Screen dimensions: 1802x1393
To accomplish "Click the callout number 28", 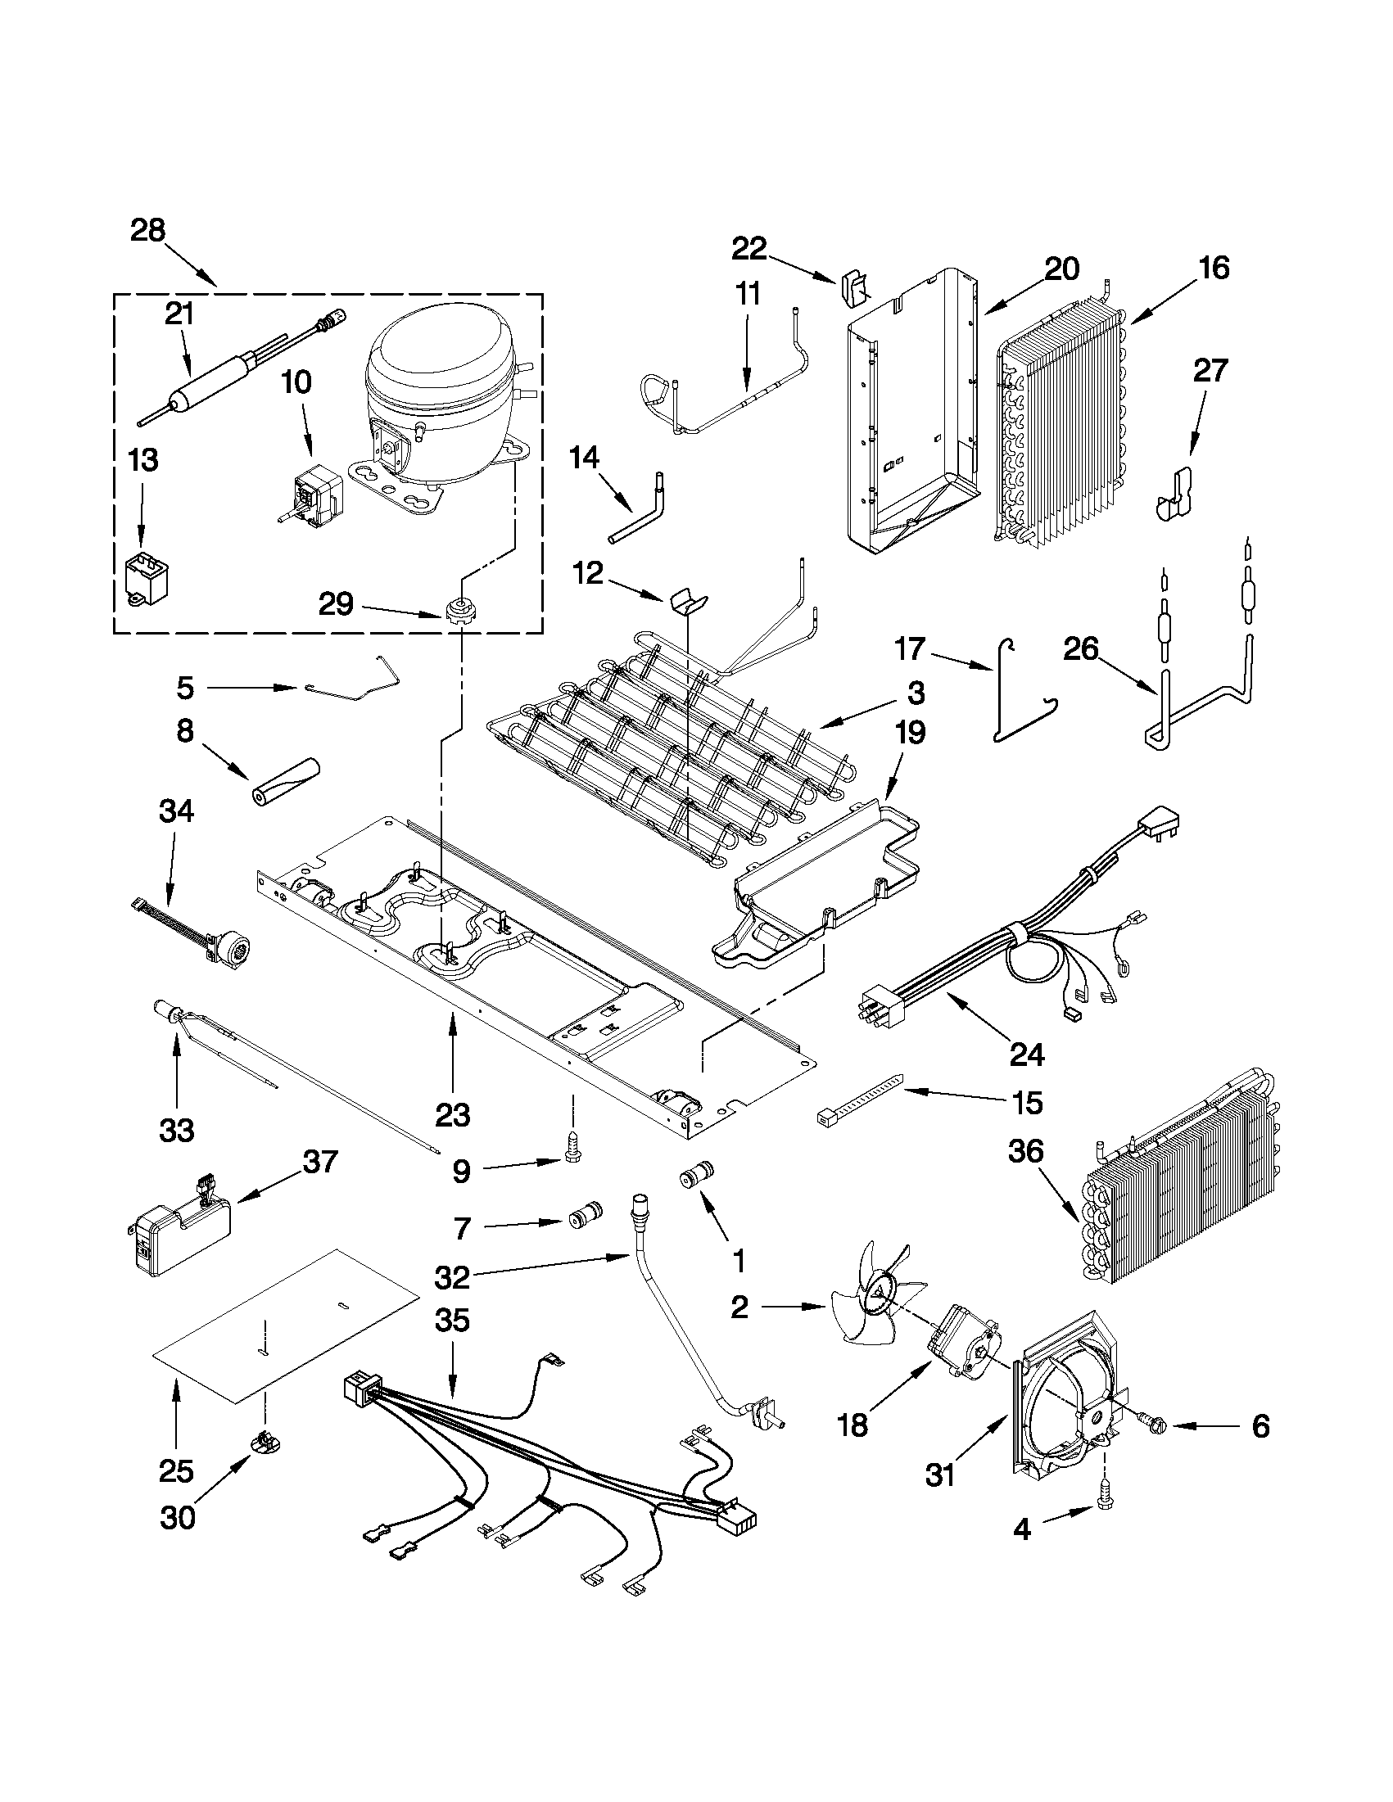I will pos(147,230).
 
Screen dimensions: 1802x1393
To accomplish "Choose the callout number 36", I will pos(1026,1150).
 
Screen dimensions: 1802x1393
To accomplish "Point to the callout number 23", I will pos(452,1116).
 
